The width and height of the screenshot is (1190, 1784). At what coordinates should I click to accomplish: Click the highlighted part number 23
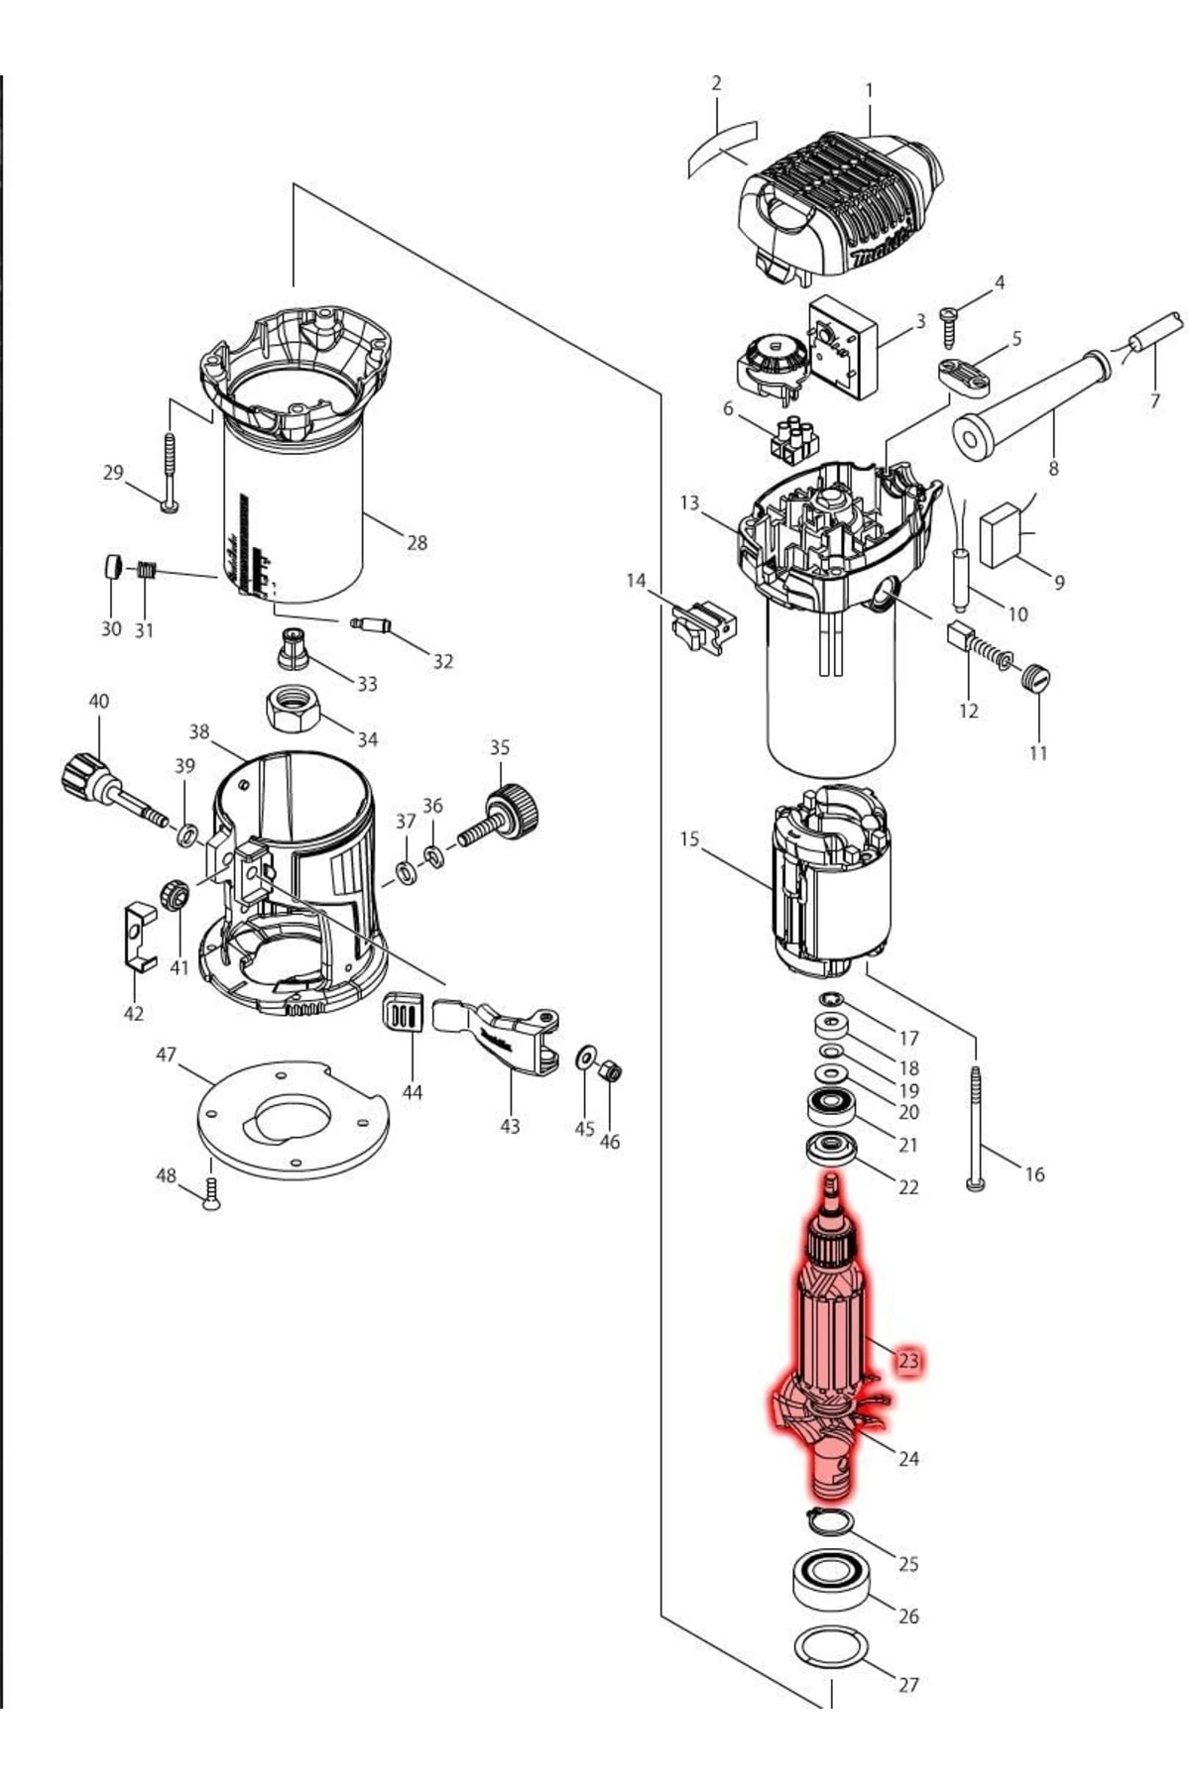pyautogui.click(x=908, y=1361)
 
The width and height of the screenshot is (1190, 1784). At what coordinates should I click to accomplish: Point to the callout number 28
pyautogui.click(x=417, y=542)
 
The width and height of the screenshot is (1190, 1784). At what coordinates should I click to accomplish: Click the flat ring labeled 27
pyautogui.click(x=831, y=1647)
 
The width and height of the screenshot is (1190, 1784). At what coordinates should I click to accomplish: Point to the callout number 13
pyautogui.click(x=689, y=503)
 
